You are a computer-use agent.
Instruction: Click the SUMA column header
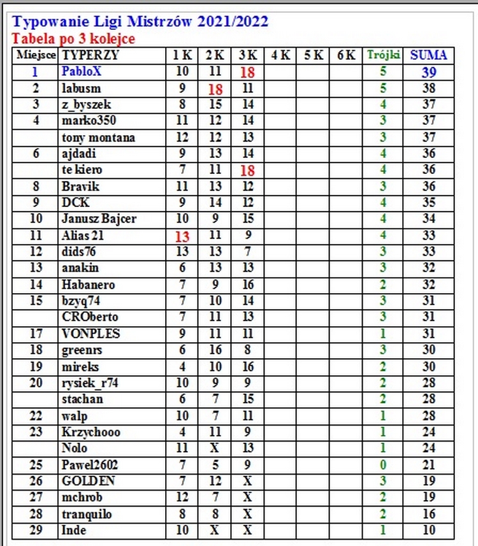(x=428, y=55)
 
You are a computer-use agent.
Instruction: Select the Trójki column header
(x=383, y=55)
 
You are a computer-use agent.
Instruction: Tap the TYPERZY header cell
(x=91, y=55)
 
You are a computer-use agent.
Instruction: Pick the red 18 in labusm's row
(x=215, y=89)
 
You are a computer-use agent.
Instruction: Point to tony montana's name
(x=98, y=138)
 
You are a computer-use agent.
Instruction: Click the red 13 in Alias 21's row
(x=182, y=236)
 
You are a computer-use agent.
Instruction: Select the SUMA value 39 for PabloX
(x=428, y=72)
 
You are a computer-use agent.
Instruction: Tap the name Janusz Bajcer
(x=99, y=219)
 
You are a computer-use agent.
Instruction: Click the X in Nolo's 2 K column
(x=215, y=449)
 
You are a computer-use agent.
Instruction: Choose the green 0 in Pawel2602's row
(x=383, y=465)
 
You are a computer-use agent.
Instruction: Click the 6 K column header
(x=346, y=55)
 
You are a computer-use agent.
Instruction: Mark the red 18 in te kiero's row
(x=247, y=170)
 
